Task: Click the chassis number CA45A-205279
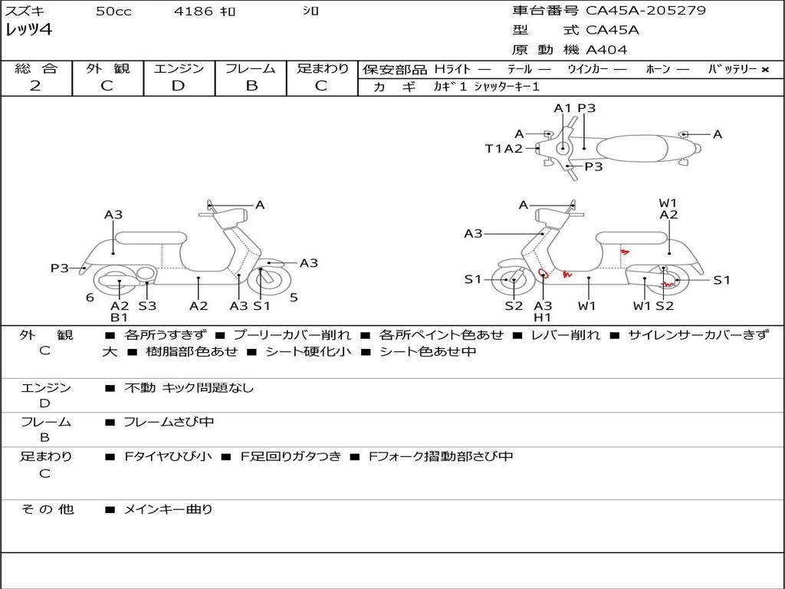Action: click(x=645, y=10)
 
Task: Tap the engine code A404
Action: click(x=606, y=50)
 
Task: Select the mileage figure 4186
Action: click(x=193, y=11)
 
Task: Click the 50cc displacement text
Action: click(x=113, y=11)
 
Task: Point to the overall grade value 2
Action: click(x=35, y=86)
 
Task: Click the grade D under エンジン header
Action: click(x=178, y=86)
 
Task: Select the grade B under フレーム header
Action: click(x=251, y=86)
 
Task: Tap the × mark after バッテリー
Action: click(x=765, y=70)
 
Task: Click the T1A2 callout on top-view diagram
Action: click(x=504, y=148)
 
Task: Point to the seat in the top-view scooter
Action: click(x=632, y=149)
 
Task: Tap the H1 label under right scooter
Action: click(x=542, y=317)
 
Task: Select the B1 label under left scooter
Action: click(x=119, y=317)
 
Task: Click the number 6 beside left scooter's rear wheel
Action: click(x=90, y=298)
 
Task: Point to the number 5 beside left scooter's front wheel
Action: click(x=294, y=298)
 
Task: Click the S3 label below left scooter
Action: click(x=147, y=305)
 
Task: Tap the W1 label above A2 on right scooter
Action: click(x=668, y=202)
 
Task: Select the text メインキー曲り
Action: click(x=168, y=509)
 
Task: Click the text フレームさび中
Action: click(x=169, y=422)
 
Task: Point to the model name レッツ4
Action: click(x=28, y=30)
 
